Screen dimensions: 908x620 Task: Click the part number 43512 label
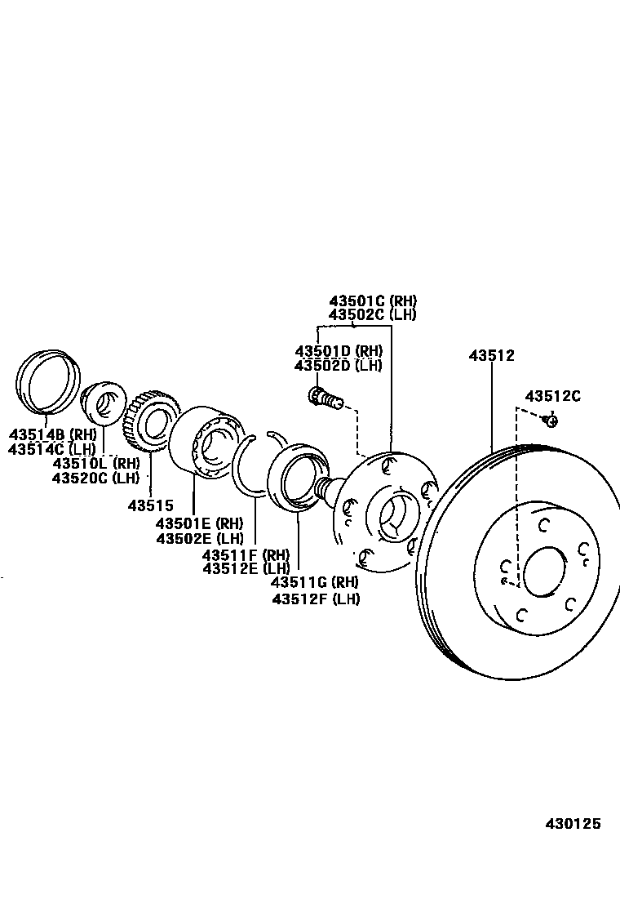pyautogui.click(x=491, y=355)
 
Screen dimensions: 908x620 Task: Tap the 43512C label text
pyautogui.click(x=552, y=396)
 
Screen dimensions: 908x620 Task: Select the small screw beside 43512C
pyautogui.click(x=551, y=421)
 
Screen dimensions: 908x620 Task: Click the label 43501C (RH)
pyautogui.click(x=373, y=300)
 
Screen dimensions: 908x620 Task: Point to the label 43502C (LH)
pyautogui.click(x=373, y=314)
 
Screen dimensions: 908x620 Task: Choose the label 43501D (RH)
pyautogui.click(x=339, y=351)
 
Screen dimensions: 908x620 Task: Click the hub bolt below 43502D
pyautogui.click(x=325, y=398)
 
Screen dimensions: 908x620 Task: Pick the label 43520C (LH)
pyautogui.click(x=96, y=478)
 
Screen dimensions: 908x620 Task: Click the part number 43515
pyautogui.click(x=150, y=505)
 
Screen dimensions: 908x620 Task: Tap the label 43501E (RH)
pyautogui.click(x=200, y=523)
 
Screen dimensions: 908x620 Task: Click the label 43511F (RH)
pyautogui.click(x=246, y=554)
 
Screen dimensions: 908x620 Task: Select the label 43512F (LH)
pyautogui.click(x=316, y=598)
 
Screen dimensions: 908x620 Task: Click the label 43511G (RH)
pyautogui.click(x=316, y=583)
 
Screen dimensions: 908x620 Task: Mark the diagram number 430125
pyautogui.click(x=573, y=823)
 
